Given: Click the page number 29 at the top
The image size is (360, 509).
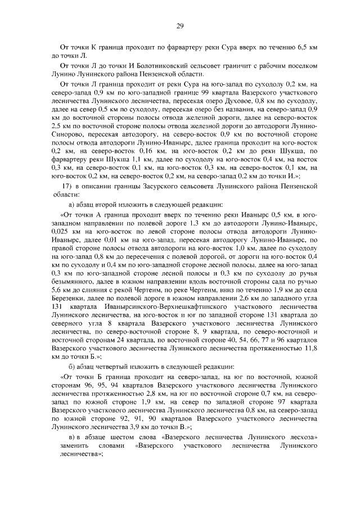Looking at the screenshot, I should tap(180, 24).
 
